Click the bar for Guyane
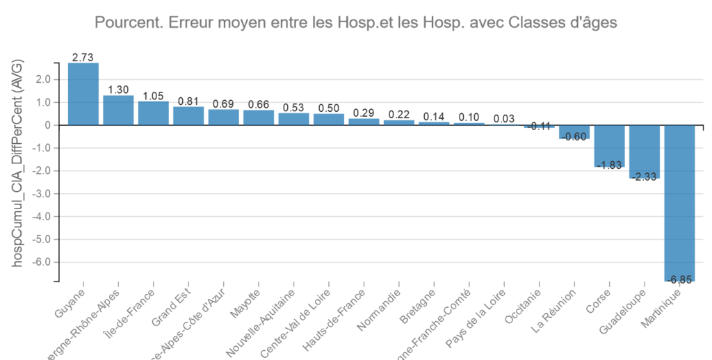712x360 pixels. coord(83,94)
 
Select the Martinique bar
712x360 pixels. coord(680,203)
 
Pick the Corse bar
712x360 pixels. coord(610,146)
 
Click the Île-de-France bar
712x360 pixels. coord(154,113)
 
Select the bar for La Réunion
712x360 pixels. coord(574,132)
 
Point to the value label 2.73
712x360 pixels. coord(83,57)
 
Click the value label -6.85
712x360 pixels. coord(680,279)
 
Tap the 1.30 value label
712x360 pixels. coord(118,90)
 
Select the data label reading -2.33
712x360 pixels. coord(645,177)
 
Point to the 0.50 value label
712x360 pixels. coord(329,108)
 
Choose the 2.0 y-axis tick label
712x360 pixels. coord(44,79)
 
